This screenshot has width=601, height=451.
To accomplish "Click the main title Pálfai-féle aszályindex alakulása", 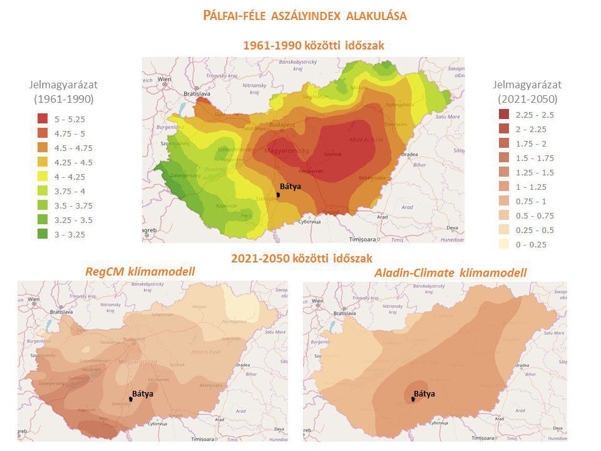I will (x=305, y=16).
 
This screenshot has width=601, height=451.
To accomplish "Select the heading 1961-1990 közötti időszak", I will (x=312, y=45).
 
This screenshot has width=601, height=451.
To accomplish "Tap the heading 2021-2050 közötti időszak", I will (x=301, y=257).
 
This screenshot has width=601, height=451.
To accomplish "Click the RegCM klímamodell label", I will (x=140, y=271).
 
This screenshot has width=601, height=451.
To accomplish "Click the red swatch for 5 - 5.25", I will (x=43, y=118).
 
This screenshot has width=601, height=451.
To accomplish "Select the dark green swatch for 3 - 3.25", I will (x=43, y=235).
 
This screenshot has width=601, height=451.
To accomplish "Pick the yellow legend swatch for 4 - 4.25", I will (x=43, y=177).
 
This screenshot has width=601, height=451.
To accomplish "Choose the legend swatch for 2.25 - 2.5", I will (x=505, y=115).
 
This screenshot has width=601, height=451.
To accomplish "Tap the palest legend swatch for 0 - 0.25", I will (x=505, y=245).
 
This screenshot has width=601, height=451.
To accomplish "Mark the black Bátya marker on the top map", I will (x=279, y=194).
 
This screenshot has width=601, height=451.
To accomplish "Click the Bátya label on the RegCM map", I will (x=143, y=393).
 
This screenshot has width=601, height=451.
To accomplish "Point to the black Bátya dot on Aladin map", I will (x=413, y=399).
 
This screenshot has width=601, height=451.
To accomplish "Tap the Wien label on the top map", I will (x=165, y=80).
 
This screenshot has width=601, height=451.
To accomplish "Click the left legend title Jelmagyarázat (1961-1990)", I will (x=63, y=91).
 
